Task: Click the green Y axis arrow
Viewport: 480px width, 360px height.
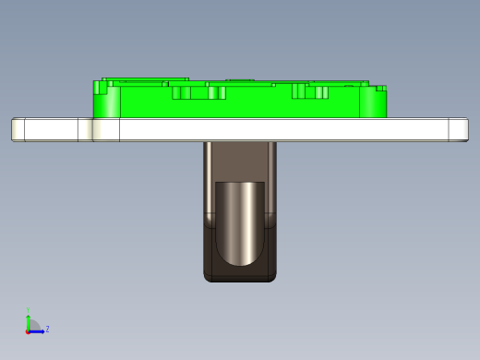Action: pos(29,319)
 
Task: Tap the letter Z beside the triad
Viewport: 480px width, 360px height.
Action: pos(47,329)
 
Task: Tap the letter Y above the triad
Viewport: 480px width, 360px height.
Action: pos(29,310)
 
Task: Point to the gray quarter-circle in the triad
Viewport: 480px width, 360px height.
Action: pos(32,326)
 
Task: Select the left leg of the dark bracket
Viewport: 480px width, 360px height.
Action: pos(209,185)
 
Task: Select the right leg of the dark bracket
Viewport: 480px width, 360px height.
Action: pos(270,185)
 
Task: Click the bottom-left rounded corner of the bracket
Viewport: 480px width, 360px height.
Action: pos(208,276)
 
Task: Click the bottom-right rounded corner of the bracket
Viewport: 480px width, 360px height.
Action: pos(271,276)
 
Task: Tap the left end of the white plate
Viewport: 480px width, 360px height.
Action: pos(18,129)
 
